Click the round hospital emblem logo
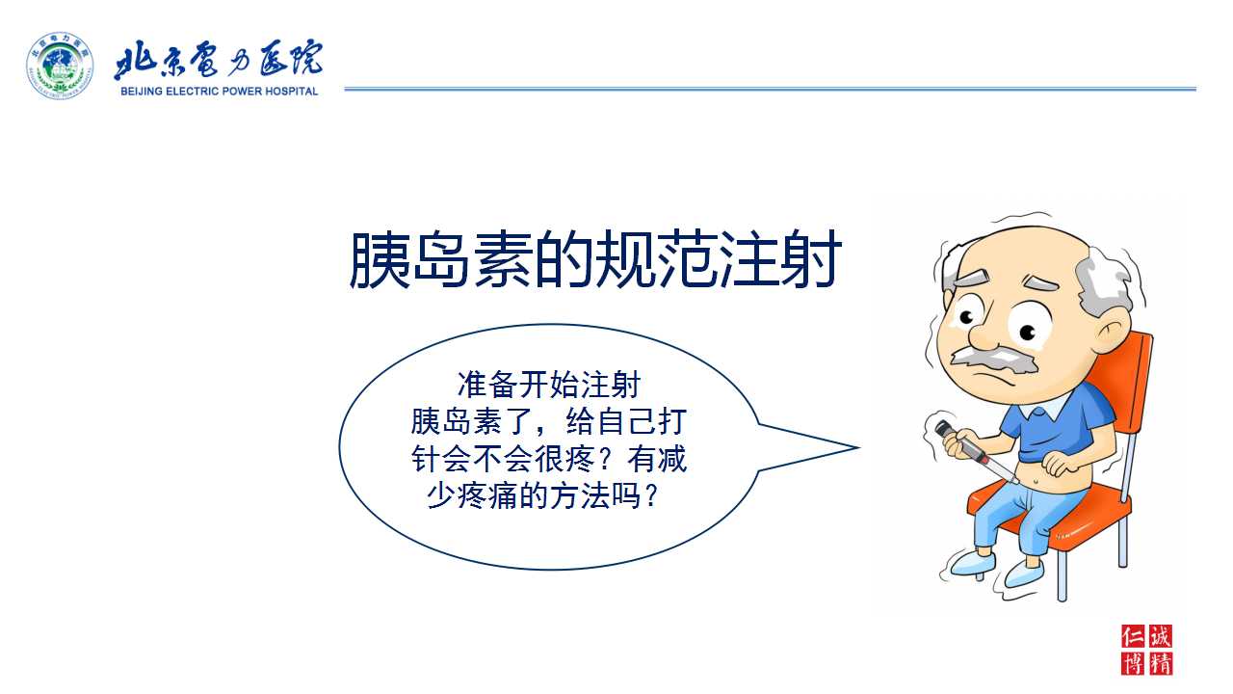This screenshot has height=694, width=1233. point(60,66)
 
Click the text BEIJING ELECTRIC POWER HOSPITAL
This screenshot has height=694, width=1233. point(219,92)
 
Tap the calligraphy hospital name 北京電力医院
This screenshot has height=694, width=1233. point(219,60)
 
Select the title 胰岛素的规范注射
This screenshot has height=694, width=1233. point(595,259)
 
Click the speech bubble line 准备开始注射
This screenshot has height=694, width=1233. point(549,385)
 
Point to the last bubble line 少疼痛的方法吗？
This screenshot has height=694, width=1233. point(542,496)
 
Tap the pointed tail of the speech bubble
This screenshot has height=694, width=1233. point(857,448)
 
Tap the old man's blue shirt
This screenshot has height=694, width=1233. point(1051,424)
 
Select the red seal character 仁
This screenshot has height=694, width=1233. point(1133,637)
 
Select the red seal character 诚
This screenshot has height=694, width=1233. point(1161,637)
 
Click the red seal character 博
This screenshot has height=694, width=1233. point(1133,664)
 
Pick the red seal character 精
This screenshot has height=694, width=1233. point(1161,664)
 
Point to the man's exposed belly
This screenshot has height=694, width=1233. point(1043,473)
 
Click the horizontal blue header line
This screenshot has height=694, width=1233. point(770,89)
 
